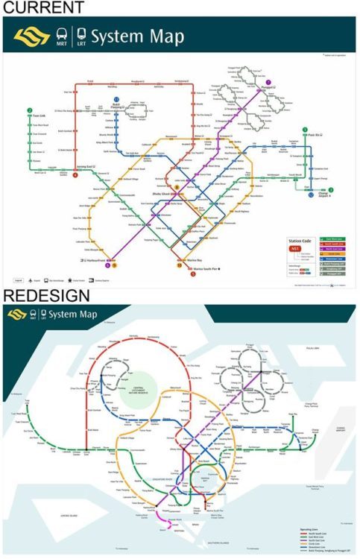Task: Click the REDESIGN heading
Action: tap(45, 296)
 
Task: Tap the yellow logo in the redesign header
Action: tap(16, 315)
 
